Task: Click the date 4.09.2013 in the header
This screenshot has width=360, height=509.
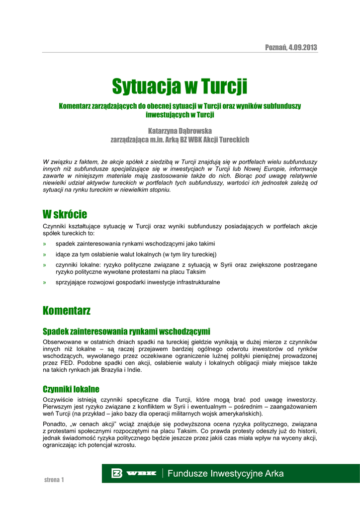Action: (x=302, y=48)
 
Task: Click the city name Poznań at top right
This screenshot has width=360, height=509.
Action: (x=275, y=48)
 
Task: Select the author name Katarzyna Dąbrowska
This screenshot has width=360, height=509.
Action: (x=180, y=131)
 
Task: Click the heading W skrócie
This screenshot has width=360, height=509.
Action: (x=65, y=214)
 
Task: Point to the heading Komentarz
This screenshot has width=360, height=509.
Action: (x=67, y=311)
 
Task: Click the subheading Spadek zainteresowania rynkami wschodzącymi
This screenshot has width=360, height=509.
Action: (x=126, y=331)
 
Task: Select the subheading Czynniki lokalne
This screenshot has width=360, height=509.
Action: (x=71, y=389)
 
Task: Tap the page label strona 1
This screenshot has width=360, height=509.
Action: (x=54, y=480)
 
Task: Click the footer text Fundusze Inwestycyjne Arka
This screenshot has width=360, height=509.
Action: (x=226, y=474)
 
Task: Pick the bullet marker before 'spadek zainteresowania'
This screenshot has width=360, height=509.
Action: (x=45, y=244)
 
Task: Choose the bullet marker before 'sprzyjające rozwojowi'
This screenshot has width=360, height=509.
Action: (x=45, y=282)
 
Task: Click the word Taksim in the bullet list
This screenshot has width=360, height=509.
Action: (x=195, y=272)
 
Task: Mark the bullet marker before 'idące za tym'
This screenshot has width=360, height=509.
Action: (x=45, y=254)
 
